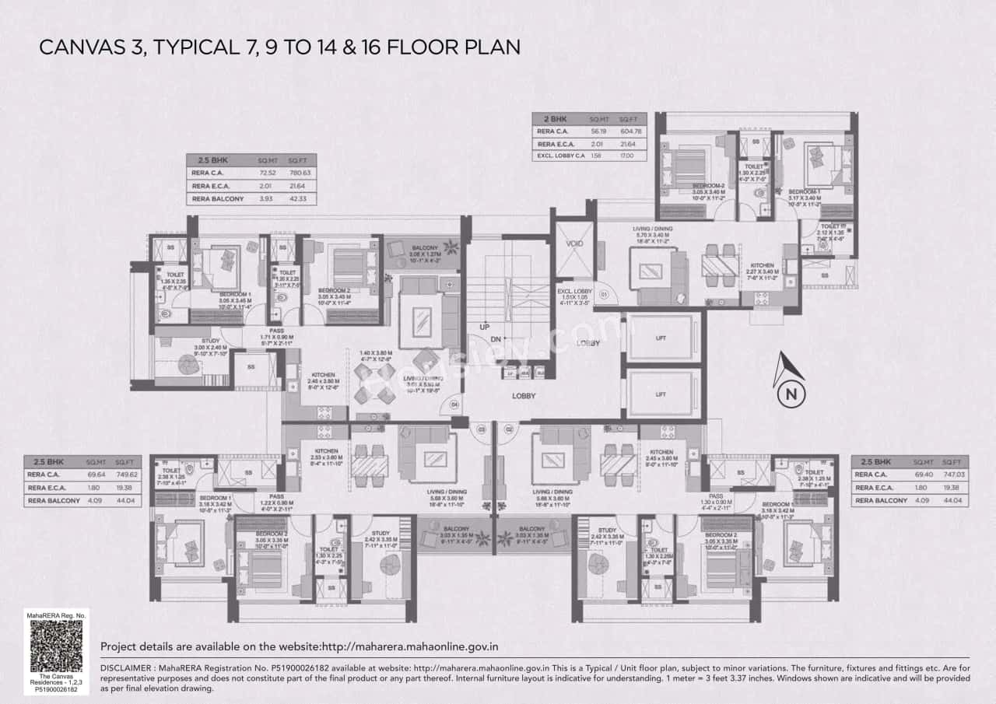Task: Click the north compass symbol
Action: [791, 381]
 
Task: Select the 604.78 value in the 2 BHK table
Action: [631, 131]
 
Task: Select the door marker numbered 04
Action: [454, 404]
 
